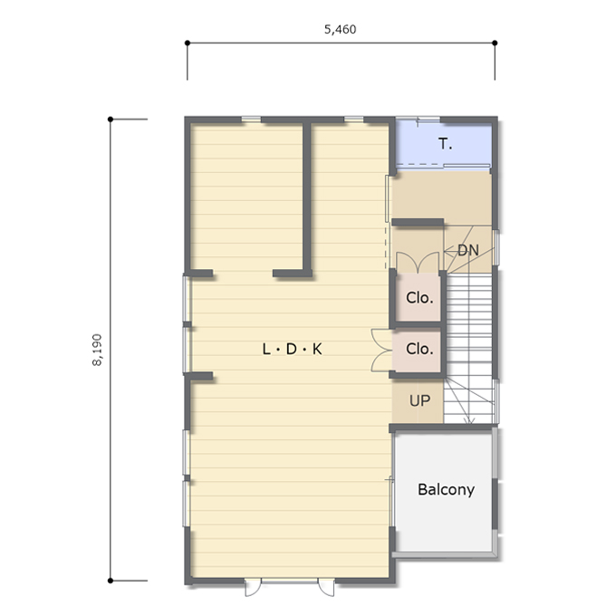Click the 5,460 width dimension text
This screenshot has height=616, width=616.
(341, 30)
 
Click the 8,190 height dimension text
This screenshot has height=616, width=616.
(97, 350)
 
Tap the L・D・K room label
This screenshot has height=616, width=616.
(292, 349)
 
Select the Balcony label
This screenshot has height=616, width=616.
(446, 489)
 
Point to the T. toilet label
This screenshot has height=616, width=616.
(445, 144)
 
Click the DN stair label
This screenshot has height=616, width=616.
(468, 250)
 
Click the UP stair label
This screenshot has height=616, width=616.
(419, 400)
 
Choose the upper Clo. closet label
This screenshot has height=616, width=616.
(419, 298)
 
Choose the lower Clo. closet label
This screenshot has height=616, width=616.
(419, 349)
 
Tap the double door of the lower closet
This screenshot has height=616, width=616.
(382, 351)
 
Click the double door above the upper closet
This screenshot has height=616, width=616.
(418, 263)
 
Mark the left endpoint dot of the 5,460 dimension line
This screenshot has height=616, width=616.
(188, 43)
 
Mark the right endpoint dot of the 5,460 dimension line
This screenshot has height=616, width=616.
(495, 43)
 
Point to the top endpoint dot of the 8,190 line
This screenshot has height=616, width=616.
(111, 119)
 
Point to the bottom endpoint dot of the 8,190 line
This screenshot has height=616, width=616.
(111, 581)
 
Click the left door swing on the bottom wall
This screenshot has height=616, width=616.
(253, 587)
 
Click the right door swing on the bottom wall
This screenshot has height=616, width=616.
(326, 587)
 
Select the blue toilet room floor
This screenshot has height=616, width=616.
(443, 144)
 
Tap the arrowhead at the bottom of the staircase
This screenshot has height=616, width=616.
(469, 420)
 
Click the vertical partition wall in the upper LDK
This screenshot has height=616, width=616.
(307, 197)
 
